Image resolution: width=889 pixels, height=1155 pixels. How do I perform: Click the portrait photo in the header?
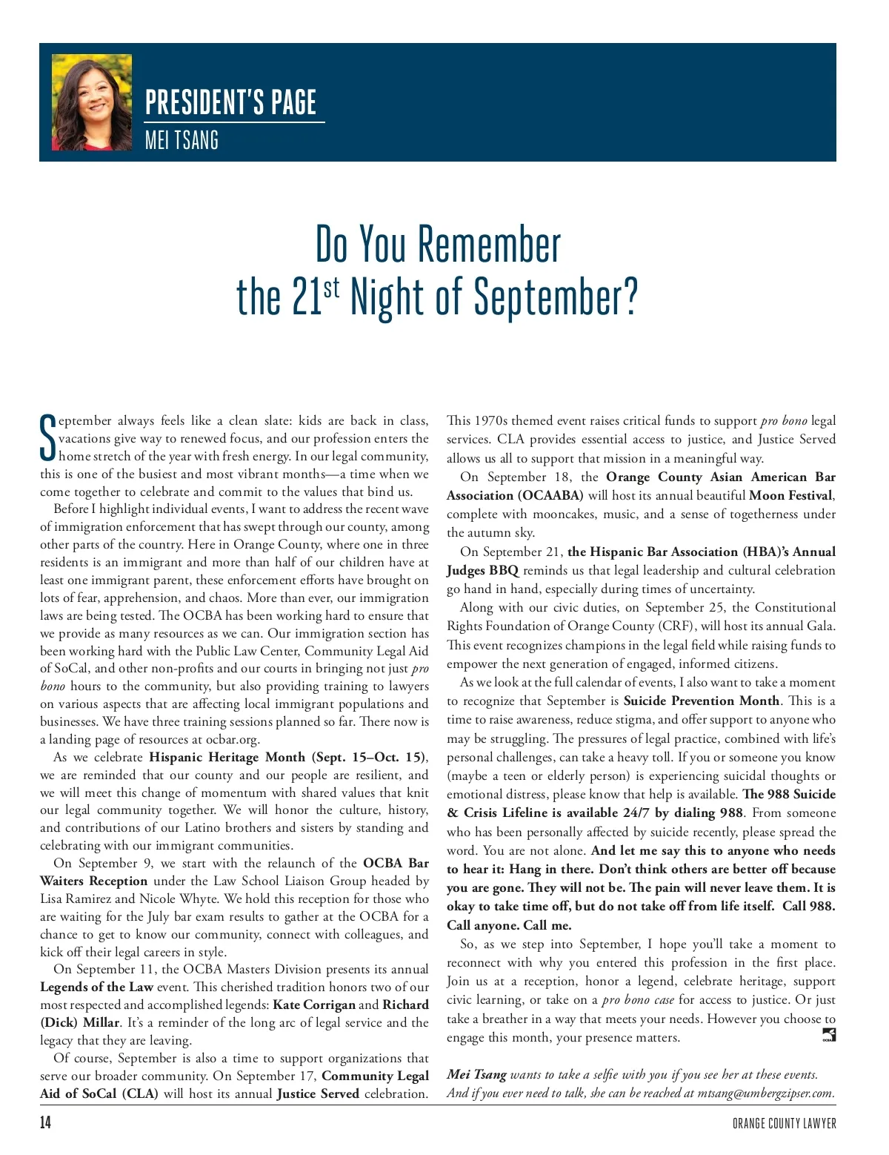[x=92, y=102]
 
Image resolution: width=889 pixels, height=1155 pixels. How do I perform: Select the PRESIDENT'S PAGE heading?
[x=230, y=102]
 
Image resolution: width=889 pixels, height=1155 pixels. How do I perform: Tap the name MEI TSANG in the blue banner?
[x=182, y=139]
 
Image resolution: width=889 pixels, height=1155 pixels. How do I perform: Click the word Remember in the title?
[x=489, y=245]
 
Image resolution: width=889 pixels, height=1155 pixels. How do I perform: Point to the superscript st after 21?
[x=331, y=286]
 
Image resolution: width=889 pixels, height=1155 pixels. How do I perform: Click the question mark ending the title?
[x=630, y=298]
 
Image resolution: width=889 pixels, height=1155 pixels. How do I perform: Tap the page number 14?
[x=46, y=1122]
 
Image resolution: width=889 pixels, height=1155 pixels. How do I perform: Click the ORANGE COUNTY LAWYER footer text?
[x=784, y=1123]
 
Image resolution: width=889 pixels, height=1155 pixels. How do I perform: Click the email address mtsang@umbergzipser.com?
[x=765, y=1093]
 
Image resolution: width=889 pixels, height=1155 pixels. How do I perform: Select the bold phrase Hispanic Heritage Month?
[x=227, y=757]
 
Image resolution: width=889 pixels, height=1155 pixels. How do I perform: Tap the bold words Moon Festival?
[x=791, y=495]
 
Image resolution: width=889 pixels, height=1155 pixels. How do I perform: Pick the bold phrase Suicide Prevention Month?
[x=702, y=701]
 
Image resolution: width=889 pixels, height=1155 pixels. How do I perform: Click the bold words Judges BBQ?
[x=482, y=570]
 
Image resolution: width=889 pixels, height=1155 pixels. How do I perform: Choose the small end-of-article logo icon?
[x=829, y=1035]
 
